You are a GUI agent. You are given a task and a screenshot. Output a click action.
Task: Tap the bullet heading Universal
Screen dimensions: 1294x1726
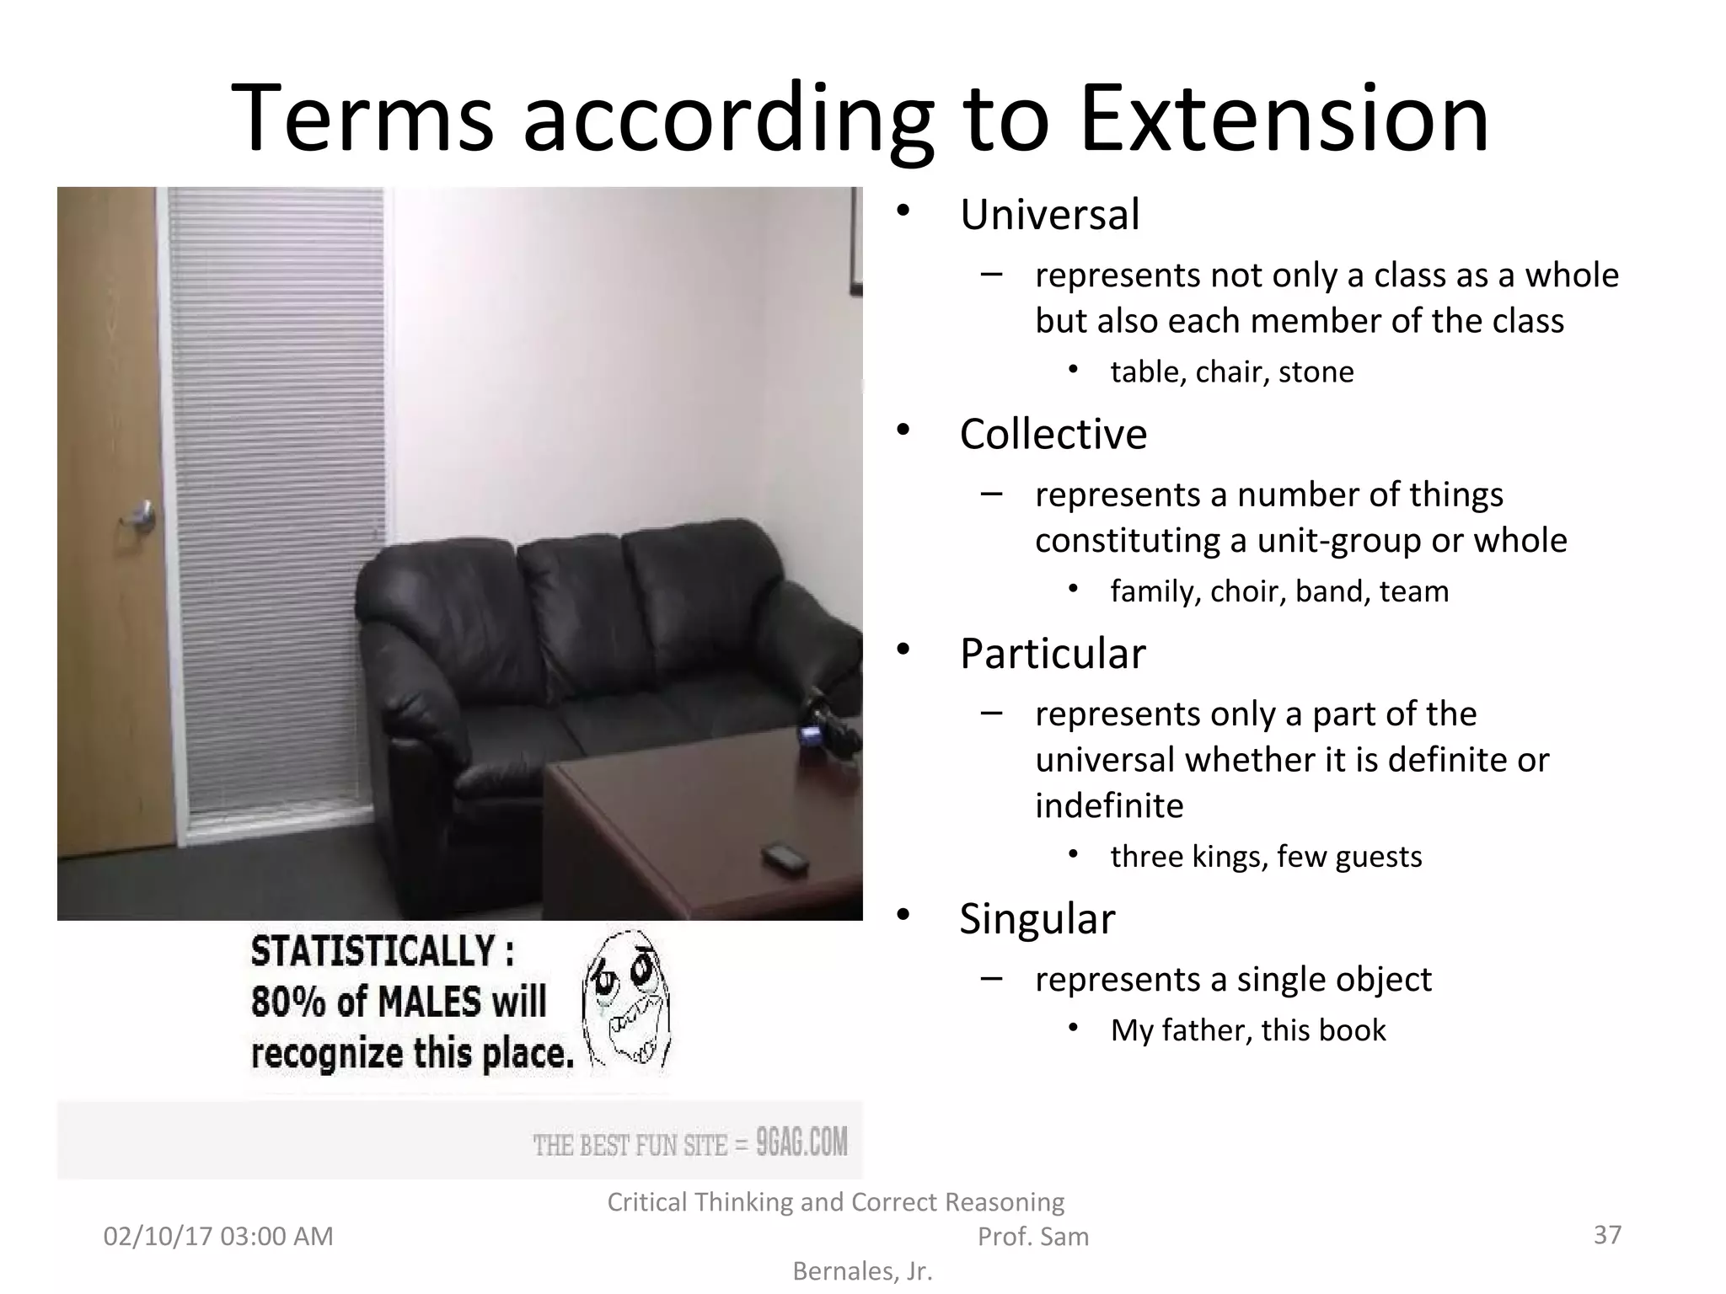click(1049, 214)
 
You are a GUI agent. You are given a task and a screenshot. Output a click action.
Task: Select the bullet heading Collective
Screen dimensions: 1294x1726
click(1053, 434)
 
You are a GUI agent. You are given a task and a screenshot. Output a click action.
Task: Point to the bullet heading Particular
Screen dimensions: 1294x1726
click(1053, 653)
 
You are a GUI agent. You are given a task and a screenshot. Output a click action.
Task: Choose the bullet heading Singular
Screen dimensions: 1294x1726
click(1037, 918)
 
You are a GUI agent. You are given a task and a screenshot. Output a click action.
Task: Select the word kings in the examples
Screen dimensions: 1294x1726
click(1229, 857)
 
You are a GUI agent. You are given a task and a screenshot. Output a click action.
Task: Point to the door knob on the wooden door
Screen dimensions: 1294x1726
click(142, 515)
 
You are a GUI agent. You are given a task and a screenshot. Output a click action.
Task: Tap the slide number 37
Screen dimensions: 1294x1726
click(1607, 1234)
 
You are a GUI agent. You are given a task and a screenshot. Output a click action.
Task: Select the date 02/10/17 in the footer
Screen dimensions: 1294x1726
click(158, 1236)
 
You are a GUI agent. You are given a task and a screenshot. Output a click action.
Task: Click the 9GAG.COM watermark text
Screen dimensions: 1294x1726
click(801, 1143)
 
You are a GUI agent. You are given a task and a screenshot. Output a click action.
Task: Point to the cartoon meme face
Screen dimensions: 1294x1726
click(626, 1000)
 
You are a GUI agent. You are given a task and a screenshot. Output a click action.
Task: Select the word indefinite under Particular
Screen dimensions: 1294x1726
click(1109, 806)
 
